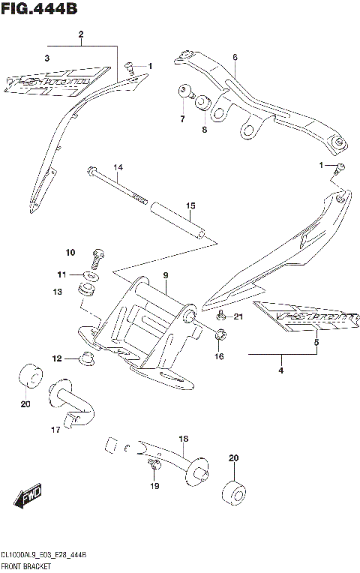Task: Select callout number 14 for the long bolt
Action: [118, 166]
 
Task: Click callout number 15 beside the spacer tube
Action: [190, 205]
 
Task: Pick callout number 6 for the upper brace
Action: [235, 57]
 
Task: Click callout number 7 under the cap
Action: [181, 119]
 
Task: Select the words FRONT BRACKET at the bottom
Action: [25, 567]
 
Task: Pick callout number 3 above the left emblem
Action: [46, 58]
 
